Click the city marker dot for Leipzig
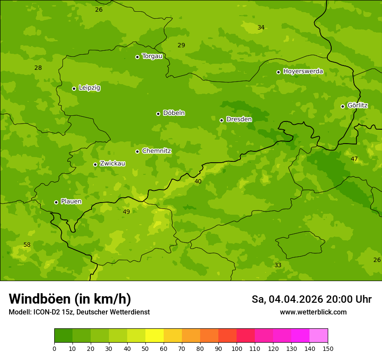(x=74, y=88)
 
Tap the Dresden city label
(x=239, y=119)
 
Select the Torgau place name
(x=152, y=56)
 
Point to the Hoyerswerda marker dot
(x=278, y=72)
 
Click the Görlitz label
(x=358, y=105)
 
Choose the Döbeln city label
(x=174, y=113)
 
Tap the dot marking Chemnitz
(x=137, y=151)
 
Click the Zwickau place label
(x=112, y=164)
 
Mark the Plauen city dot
(x=56, y=202)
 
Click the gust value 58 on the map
(x=27, y=245)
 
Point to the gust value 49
(x=126, y=212)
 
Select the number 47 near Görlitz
(x=354, y=159)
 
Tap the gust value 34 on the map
(x=261, y=28)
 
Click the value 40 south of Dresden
(x=198, y=182)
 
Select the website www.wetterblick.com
(x=313, y=312)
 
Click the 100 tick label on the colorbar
(x=237, y=348)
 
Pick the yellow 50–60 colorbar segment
(x=155, y=336)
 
